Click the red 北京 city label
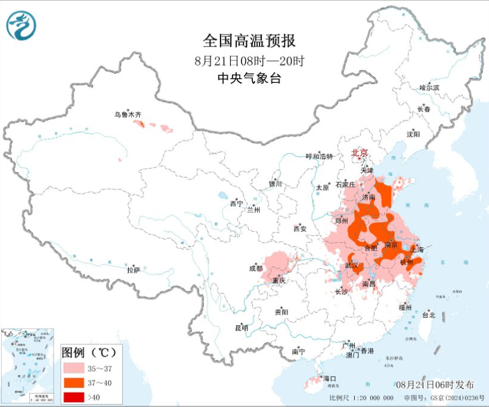click(360, 153)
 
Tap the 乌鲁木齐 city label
click(128, 114)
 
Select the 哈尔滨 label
click(429, 88)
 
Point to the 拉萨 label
click(134, 269)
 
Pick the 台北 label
click(428, 315)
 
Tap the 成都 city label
click(256, 268)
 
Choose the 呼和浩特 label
click(319, 156)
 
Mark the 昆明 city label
click(242, 328)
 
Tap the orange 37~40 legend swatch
click(75, 383)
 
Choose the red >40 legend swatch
click(75, 396)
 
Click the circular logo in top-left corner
click(21, 26)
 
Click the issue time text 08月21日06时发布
click(435, 384)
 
